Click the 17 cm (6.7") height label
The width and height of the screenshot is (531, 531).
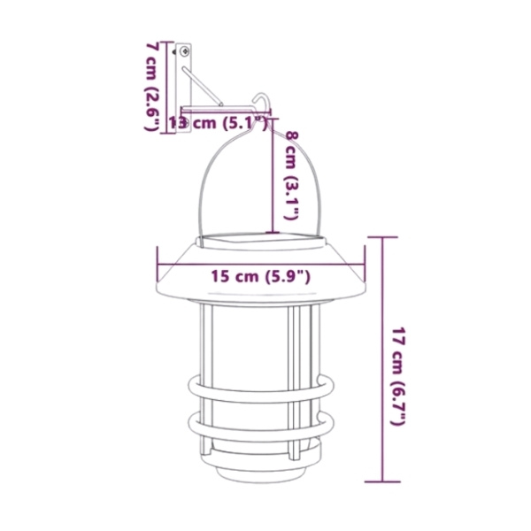coord(398,376)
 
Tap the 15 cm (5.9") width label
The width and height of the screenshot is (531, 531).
coord(261,276)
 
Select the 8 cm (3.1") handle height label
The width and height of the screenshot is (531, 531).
coord(291,175)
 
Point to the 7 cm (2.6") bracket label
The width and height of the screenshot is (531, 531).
coord(152,87)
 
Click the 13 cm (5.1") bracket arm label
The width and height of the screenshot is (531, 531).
coord(218,123)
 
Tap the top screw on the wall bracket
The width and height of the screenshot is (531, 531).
coord(185,51)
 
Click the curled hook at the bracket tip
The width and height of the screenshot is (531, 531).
coord(263,102)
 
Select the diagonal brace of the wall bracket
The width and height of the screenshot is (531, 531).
coord(202,87)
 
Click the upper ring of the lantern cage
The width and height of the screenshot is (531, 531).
coord(261,389)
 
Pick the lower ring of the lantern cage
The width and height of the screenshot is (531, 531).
coord(261,425)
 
